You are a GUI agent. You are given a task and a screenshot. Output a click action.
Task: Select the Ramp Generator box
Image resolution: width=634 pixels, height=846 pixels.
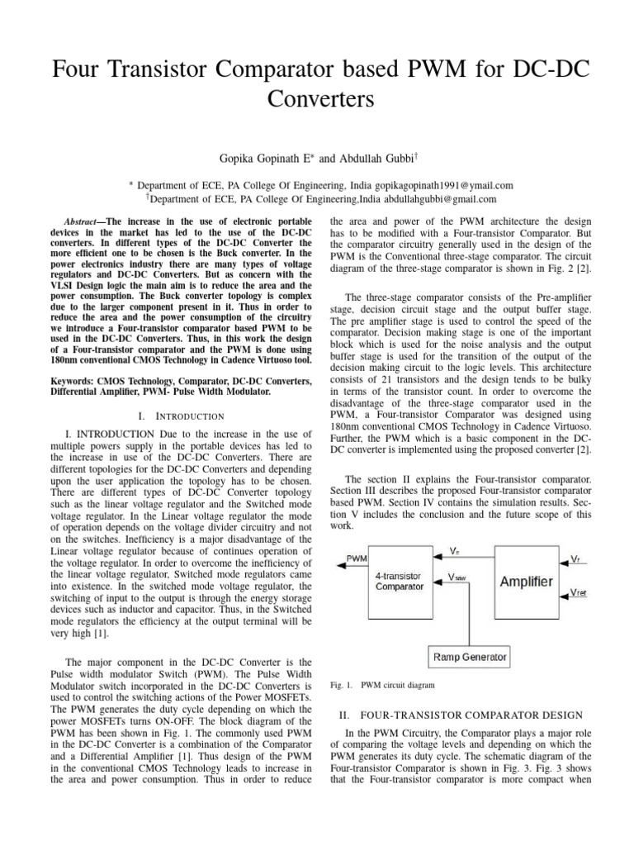pos(470,658)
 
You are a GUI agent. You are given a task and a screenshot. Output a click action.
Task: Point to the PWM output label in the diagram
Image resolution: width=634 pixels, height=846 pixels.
pos(357,559)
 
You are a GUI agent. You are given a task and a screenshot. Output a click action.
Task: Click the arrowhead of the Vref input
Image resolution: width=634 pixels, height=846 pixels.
pos(564,597)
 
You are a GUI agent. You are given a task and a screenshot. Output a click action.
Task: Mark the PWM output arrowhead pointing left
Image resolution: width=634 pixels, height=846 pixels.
pos(338,566)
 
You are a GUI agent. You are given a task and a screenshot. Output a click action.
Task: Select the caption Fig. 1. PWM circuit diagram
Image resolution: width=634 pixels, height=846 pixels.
pos(381,685)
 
